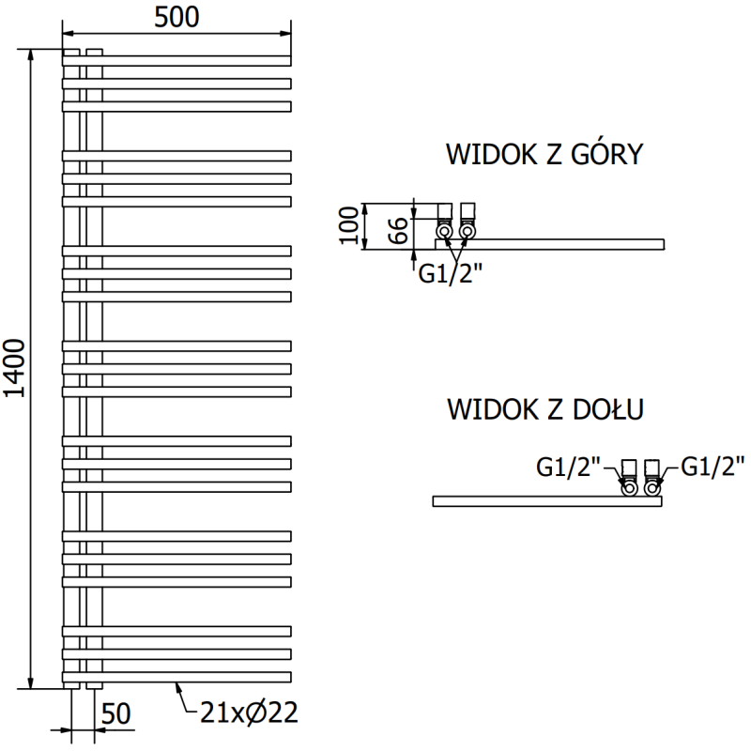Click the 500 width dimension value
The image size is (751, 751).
pyautogui.click(x=177, y=18)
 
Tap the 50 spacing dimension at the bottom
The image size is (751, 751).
pyautogui.click(x=117, y=714)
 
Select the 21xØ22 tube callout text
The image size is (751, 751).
pyautogui.click(x=248, y=713)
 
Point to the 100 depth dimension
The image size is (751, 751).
pyautogui.click(x=349, y=225)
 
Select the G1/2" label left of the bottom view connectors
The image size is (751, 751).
pyautogui.click(x=568, y=467)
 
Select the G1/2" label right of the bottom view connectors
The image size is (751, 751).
pyautogui.click(x=712, y=467)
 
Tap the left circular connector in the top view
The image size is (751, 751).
pyautogui.click(x=444, y=230)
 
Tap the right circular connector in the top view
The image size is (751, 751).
pyautogui.click(x=467, y=230)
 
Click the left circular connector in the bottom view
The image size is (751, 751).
pyautogui.click(x=630, y=487)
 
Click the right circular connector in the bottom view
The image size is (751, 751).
pyautogui.click(x=652, y=487)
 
